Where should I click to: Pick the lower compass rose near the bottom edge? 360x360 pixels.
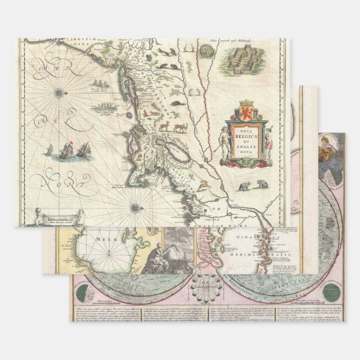point(135,209)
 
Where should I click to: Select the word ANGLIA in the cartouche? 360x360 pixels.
point(244,149)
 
